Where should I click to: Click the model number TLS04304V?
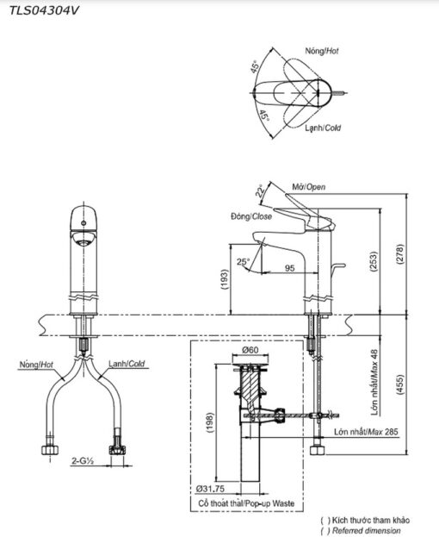[44, 11]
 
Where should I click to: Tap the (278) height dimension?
[400, 253]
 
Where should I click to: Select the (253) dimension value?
[374, 262]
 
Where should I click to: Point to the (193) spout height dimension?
[225, 279]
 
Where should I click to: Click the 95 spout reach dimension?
[289, 268]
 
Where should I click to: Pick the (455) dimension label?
[400, 385]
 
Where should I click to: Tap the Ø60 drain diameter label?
[250, 350]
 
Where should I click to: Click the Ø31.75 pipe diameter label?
[210, 489]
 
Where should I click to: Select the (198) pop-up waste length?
[209, 422]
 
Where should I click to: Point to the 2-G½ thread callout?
[83, 461]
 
